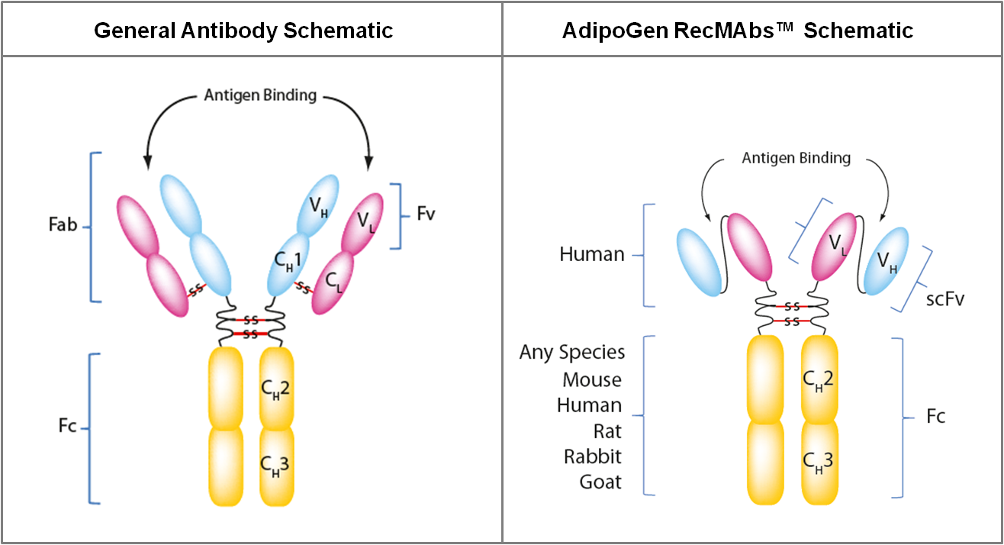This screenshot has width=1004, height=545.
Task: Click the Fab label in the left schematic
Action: click(63, 224)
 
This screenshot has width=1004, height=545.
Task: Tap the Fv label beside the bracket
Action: click(426, 214)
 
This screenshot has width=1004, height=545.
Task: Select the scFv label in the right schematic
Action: click(945, 298)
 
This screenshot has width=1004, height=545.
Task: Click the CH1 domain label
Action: click(288, 261)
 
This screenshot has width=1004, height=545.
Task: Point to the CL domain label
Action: click(333, 282)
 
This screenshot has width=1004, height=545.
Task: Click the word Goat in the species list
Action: click(600, 482)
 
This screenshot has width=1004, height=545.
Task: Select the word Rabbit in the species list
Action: click(593, 456)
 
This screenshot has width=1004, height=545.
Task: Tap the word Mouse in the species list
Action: click(592, 380)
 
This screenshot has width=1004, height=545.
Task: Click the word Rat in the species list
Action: click(607, 431)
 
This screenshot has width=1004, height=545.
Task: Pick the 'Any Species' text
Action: click(572, 353)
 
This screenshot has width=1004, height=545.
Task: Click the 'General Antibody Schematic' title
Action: click(243, 31)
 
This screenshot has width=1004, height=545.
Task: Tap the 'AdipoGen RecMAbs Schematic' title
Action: click(738, 31)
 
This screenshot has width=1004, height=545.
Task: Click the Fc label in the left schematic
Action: click(67, 425)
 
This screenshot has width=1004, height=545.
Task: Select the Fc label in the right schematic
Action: click(936, 416)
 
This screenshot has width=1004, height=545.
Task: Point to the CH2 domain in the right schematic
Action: click(819, 379)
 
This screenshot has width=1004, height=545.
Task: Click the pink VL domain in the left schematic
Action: click(362, 224)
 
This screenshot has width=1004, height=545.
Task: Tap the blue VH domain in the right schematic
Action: click(886, 261)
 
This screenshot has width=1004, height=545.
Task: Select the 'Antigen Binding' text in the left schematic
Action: click(260, 95)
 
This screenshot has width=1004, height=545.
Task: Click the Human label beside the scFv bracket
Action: click(592, 254)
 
